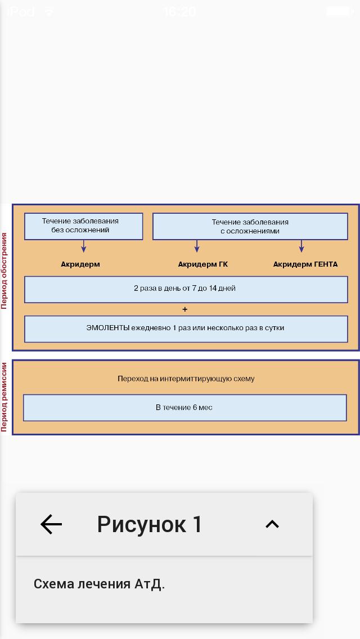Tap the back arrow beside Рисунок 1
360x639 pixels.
tap(51, 524)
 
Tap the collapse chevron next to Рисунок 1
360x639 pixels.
tap(272, 524)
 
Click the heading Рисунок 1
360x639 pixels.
tap(149, 524)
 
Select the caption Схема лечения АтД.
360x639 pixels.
tap(99, 584)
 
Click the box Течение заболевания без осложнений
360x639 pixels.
tap(83, 226)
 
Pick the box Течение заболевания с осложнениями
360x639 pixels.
tap(250, 226)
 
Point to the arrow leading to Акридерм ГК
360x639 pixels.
tap(197, 246)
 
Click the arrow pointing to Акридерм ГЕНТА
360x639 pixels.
tap(301, 246)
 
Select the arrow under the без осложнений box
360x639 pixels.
tap(83, 246)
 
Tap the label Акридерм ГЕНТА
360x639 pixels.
tap(305, 264)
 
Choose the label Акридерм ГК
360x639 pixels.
tap(203, 264)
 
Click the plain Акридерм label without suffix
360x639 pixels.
tap(80, 264)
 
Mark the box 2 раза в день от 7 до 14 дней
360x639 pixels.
tap(186, 289)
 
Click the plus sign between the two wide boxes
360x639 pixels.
tap(185, 309)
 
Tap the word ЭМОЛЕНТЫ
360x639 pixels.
tap(106, 328)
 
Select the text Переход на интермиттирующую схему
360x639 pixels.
tap(186, 379)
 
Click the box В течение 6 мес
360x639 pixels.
tap(184, 407)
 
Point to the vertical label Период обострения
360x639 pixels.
tap(4, 271)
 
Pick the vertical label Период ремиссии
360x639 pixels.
tap(4, 397)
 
